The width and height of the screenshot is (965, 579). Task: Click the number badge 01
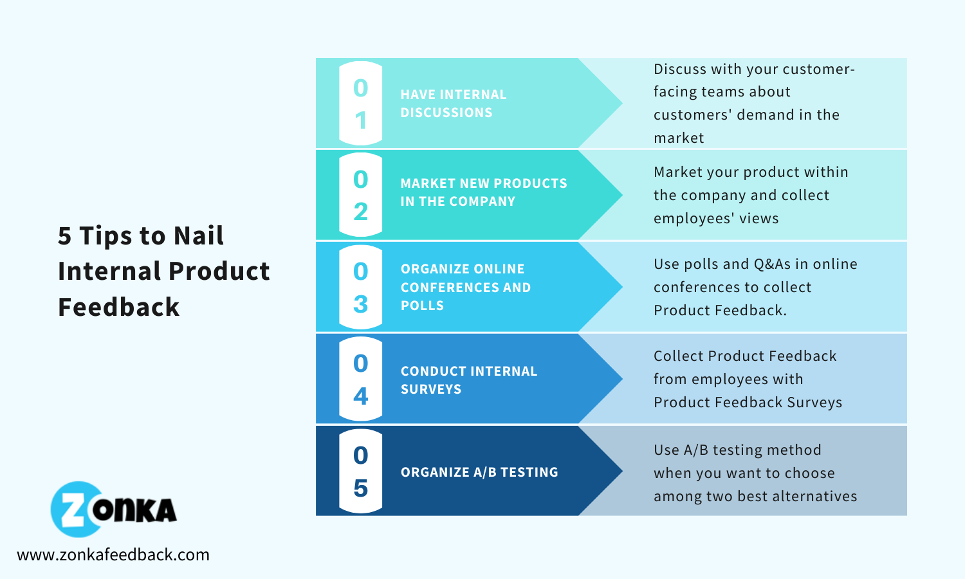tap(360, 104)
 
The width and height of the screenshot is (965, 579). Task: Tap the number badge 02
tap(360, 195)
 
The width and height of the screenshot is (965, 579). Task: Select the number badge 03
tap(360, 287)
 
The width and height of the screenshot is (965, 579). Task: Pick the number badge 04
tap(360, 379)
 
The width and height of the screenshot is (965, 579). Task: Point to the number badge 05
tap(360, 471)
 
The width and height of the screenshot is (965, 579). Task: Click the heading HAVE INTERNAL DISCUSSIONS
tap(453, 104)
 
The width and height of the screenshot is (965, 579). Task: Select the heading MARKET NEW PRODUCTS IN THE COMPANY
tap(483, 192)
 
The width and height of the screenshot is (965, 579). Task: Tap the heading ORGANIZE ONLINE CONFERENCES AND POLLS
tap(465, 287)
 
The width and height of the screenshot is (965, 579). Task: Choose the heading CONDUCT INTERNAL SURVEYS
tap(468, 380)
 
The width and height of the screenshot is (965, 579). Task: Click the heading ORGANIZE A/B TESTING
tap(479, 472)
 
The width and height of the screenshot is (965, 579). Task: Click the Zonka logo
tap(113, 510)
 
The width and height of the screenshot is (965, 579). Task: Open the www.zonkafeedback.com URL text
tap(113, 555)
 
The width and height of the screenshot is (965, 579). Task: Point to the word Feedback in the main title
tap(118, 307)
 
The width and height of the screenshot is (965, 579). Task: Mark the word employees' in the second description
tap(694, 219)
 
